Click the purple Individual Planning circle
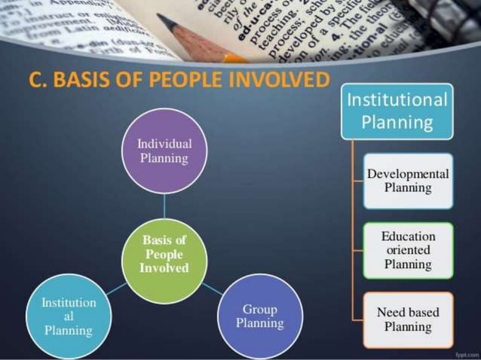pyautogui.click(x=164, y=151)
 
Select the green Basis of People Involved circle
pyautogui.click(x=164, y=254)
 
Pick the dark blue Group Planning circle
pyautogui.click(x=260, y=316)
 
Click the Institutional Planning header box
pyautogui.click(x=397, y=111)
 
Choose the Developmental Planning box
pyautogui.click(x=408, y=181)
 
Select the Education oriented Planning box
pyautogui.click(x=408, y=250)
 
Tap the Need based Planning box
pyautogui.click(x=408, y=319)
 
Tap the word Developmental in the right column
pyautogui.click(x=408, y=174)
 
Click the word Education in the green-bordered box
pyautogui.click(x=408, y=236)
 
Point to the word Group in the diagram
pyautogui.click(x=260, y=310)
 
